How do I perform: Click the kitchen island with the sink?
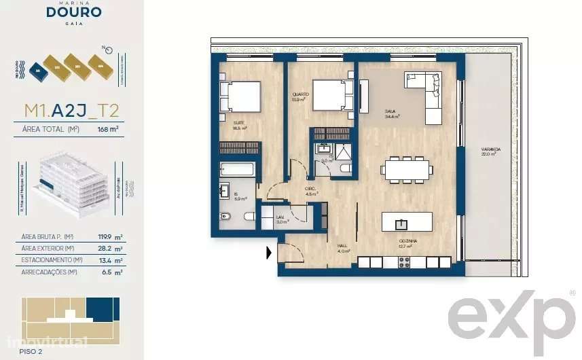point(407,222)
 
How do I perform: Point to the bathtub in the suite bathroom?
point(237,170)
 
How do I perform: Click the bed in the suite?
point(240,96)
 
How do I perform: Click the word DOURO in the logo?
point(75,12)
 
